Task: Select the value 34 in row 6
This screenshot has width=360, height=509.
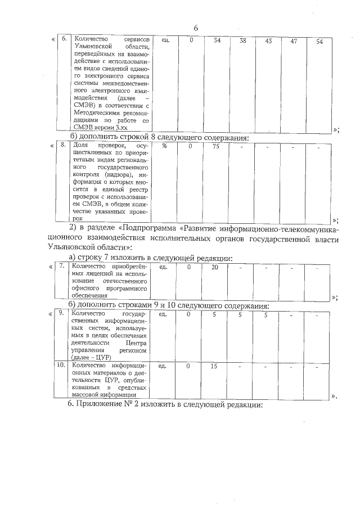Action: coord(217,41)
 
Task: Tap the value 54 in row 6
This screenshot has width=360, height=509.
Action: coord(319,42)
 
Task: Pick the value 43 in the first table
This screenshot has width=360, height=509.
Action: coord(268,41)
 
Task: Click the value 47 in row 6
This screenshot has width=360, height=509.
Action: coord(294,41)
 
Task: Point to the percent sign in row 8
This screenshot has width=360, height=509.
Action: coord(165,146)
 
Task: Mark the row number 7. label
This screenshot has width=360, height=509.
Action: coord(63,266)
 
